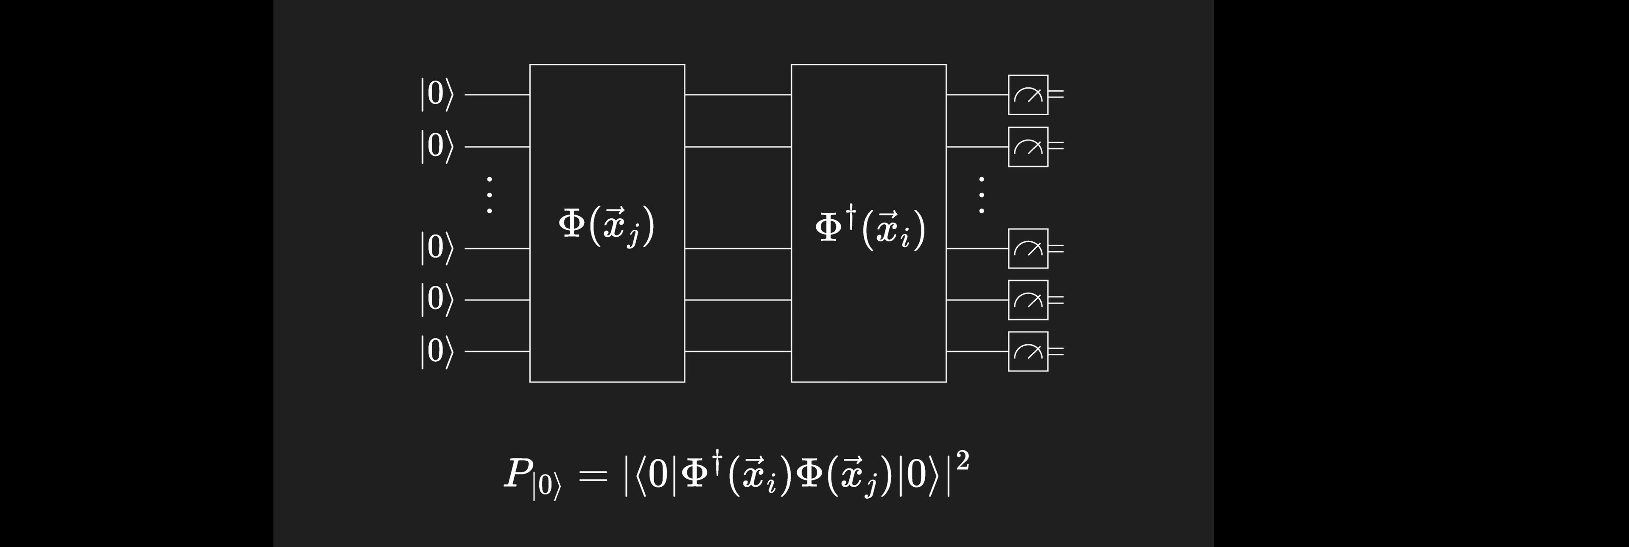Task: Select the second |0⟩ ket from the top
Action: pos(437,147)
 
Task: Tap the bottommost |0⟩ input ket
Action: pos(437,351)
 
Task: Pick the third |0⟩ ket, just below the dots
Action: pos(437,248)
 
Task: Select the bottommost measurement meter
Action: pos(1027,351)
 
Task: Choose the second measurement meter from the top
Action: pos(1027,147)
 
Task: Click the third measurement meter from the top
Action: pos(1027,248)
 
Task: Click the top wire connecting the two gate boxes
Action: pos(738,95)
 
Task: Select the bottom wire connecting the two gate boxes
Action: pos(738,351)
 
